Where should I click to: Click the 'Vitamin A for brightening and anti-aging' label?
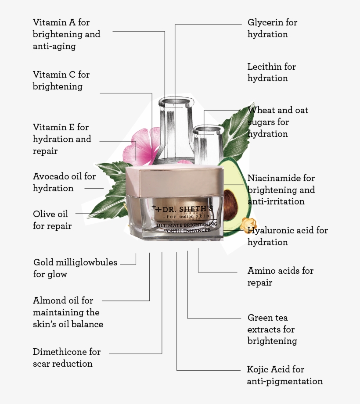(67, 34)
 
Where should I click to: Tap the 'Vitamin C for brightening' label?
(61, 80)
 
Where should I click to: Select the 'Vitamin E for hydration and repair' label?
(62, 139)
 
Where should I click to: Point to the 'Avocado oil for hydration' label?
(64, 182)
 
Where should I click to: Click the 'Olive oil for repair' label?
(52, 220)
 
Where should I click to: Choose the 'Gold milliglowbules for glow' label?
(75, 268)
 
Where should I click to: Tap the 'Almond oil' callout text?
(68, 312)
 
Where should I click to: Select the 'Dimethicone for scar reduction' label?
(67, 358)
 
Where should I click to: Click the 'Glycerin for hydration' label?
(272, 28)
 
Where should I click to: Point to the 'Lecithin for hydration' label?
(272, 72)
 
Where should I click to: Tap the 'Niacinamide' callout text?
(281, 189)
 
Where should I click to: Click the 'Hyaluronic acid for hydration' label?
(288, 236)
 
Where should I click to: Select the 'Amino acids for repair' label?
(280, 276)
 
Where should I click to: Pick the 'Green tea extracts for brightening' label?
(272, 329)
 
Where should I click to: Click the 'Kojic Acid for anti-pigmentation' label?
(284, 375)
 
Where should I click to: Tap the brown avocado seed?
(230, 204)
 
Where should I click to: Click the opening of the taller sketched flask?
(175, 101)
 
